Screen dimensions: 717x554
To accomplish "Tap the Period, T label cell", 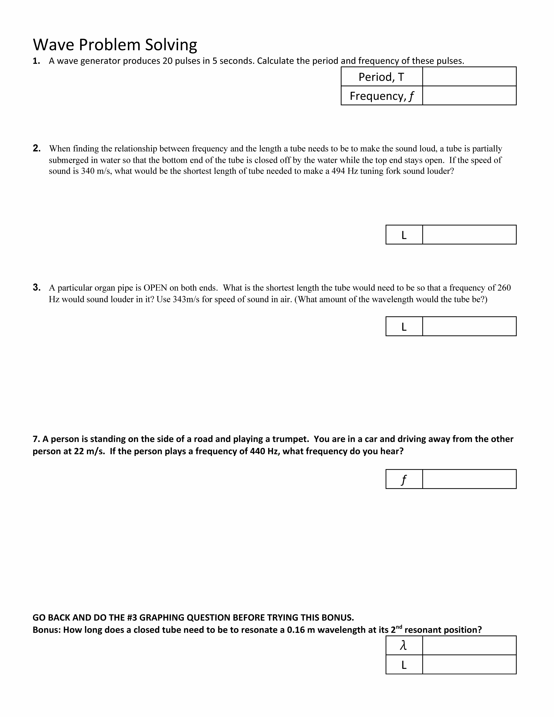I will pyautogui.click(x=381, y=77).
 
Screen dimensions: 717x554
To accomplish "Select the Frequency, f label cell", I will pyautogui.click(x=381, y=96).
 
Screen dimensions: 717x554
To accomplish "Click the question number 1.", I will pyautogui.click(x=36, y=61).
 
